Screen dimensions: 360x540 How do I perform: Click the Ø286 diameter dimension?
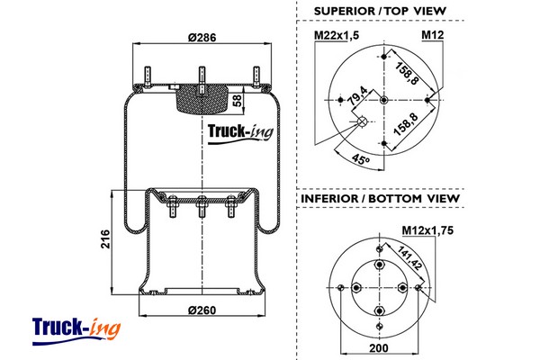[202, 38]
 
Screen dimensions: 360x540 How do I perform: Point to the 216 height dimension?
[104, 240]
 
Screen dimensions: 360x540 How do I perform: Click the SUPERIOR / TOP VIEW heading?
[380, 11]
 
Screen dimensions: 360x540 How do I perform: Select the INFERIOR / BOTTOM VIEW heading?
[380, 198]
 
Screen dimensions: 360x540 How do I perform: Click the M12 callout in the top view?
[433, 35]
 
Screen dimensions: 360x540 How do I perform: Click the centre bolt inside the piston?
[200, 211]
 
